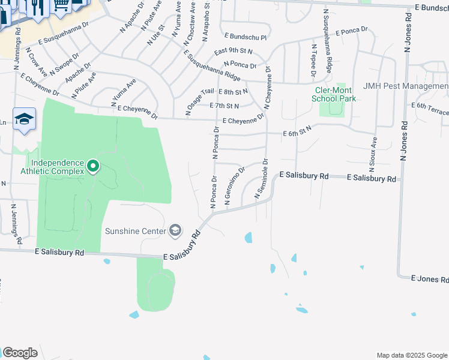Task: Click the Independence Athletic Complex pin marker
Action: point(93,165)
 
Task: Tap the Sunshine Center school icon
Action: point(175,230)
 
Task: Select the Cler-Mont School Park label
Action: point(336,94)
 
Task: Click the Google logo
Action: point(20,353)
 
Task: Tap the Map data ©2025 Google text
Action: point(411,355)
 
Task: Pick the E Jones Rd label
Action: point(430,280)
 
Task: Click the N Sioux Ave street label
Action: point(373,151)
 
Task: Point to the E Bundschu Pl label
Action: point(245,37)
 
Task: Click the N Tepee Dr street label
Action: point(313,60)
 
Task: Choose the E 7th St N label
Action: point(224,106)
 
